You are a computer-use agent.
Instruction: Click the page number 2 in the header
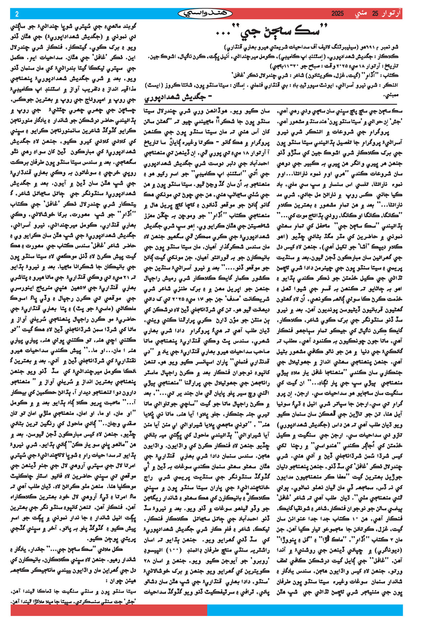click(17, 14)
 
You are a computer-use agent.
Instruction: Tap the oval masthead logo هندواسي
click(206, 14)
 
